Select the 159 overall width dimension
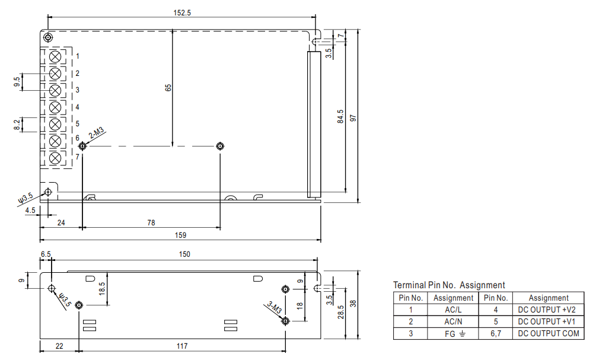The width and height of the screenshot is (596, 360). (x=181, y=235)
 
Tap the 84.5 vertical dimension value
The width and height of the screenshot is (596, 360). (x=340, y=116)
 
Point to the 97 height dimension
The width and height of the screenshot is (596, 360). (x=353, y=116)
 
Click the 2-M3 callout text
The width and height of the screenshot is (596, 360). (x=97, y=133)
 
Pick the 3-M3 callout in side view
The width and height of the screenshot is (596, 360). (x=273, y=308)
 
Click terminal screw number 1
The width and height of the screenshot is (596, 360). (x=55, y=56)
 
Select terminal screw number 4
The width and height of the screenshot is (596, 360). (x=55, y=107)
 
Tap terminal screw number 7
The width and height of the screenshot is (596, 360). (x=55, y=158)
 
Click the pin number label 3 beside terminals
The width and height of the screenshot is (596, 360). (x=77, y=90)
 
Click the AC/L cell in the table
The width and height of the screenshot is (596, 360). (x=453, y=310)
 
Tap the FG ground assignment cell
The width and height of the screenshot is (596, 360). (x=453, y=333)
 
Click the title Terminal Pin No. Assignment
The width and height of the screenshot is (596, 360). (x=449, y=285)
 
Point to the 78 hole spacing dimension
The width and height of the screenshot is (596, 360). (x=151, y=223)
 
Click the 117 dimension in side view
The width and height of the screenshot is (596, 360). (x=181, y=346)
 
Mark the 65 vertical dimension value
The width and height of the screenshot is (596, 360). (x=168, y=87)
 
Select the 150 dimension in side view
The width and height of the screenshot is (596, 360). (x=184, y=254)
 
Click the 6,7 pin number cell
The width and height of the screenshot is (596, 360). (x=495, y=333)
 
